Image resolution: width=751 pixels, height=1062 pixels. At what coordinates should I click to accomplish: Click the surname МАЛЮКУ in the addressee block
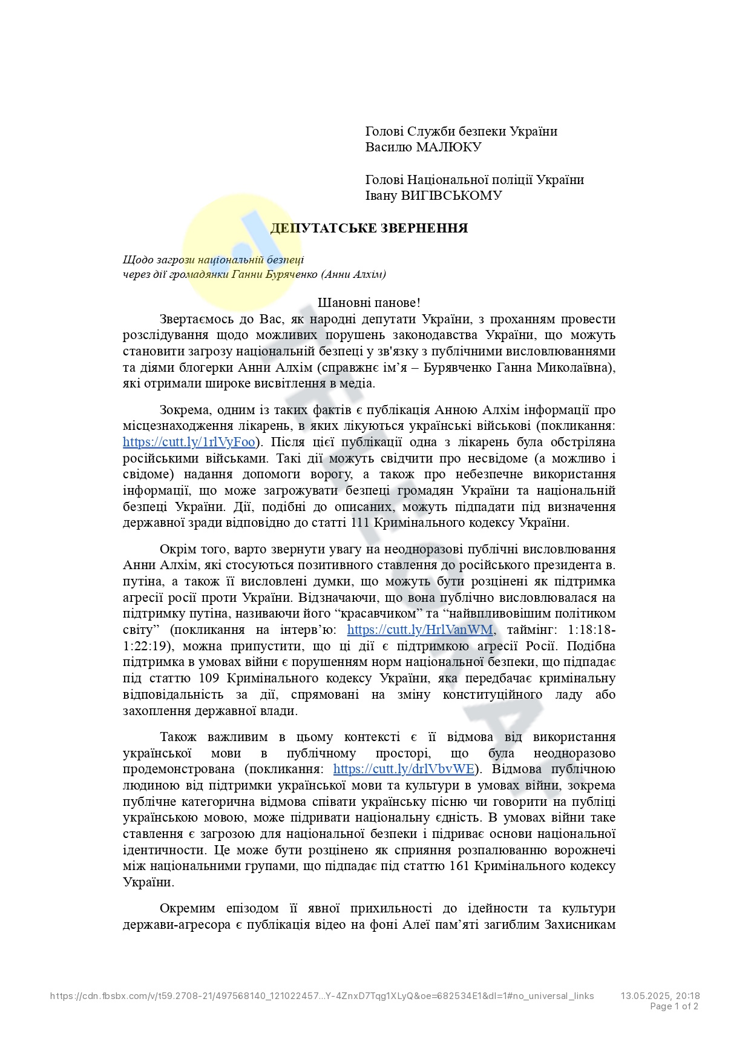pyautogui.click(x=448, y=147)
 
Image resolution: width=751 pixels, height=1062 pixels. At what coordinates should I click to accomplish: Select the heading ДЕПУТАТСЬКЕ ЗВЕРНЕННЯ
pyautogui.click(x=369, y=228)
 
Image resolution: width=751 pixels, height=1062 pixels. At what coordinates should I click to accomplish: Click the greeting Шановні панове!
pyautogui.click(x=369, y=303)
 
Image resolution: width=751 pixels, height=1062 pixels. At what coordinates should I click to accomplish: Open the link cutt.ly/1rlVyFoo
pyautogui.click(x=189, y=442)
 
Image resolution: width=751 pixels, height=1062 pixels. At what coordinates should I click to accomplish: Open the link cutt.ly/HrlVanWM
pyautogui.click(x=420, y=630)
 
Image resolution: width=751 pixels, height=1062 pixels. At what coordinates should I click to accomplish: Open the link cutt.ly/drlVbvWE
pyautogui.click(x=404, y=769)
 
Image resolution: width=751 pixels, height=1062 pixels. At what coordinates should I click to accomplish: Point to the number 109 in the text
pyautogui.click(x=209, y=678)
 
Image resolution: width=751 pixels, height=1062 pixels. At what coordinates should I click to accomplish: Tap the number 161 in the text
pyautogui.click(x=460, y=866)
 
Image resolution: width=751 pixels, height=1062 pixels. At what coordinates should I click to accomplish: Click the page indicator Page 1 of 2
pyautogui.click(x=674, y=1006)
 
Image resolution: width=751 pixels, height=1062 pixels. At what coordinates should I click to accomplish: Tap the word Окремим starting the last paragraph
pyautogui.click(x=187, y=908)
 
